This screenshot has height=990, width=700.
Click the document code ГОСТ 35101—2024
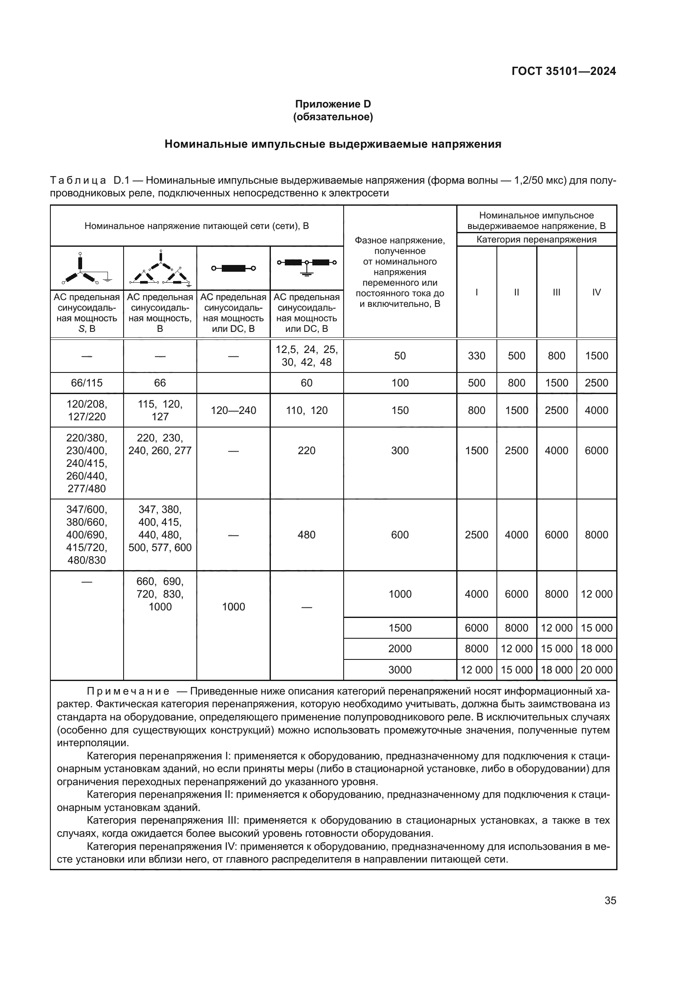(563, 71)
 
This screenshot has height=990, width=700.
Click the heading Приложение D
(333, 104)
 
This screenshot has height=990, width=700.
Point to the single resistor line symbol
(233, 269)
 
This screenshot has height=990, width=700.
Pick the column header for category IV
(596, 292)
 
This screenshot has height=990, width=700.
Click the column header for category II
(516, 292)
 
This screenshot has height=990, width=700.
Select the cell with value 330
(476, 356)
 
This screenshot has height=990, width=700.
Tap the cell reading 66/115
(87, 383)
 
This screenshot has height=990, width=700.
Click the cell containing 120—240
(233, 410)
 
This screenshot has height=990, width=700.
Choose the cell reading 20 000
(596, 670)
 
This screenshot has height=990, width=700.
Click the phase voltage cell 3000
(400, 670)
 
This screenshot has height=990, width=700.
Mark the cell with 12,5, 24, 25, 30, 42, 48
(306, 356)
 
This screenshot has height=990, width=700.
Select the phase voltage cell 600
(400, 535)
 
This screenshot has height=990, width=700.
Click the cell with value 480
(306, 535)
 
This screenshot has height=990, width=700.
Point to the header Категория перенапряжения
(536, 240)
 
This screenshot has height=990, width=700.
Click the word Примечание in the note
(128, 692)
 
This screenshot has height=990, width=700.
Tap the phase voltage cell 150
(400, 410)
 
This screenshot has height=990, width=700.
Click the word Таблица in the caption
(78, 180)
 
